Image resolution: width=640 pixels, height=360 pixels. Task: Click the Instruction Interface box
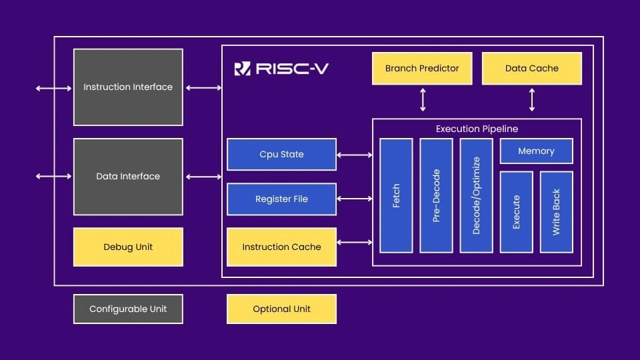128,87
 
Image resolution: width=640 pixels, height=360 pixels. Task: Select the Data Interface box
128,177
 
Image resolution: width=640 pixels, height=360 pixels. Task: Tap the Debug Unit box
128,247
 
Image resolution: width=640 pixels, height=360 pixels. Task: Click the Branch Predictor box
422,68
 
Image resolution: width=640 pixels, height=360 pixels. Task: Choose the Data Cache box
531,68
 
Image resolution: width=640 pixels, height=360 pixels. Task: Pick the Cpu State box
281,155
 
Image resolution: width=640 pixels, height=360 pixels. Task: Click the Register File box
281,199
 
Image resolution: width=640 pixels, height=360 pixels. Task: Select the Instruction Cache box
281,247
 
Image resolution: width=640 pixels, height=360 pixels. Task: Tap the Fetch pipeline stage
396,195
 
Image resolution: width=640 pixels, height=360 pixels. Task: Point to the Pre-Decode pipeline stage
436,195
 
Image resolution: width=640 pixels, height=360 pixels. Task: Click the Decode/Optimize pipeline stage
476,195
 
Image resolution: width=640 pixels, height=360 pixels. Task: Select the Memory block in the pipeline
536,151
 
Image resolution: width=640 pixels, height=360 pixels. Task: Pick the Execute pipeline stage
516,212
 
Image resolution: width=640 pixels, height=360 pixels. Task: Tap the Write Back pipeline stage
556,212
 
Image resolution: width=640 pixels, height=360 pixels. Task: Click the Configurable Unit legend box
128,309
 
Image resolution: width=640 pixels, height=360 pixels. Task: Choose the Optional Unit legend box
281,309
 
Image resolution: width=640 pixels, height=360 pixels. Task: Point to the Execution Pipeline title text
477,129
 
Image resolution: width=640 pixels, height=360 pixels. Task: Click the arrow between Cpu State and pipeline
355,155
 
